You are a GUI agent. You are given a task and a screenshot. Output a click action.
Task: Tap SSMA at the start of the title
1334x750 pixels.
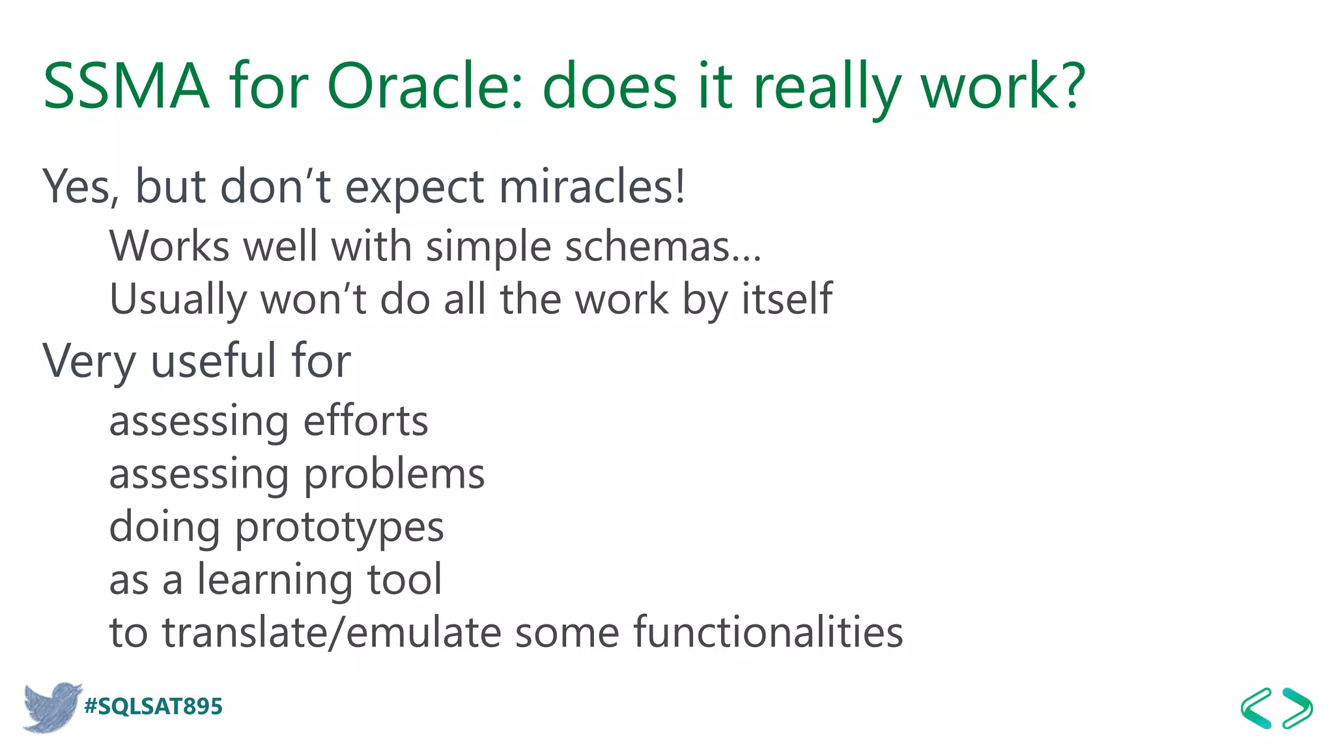click(126, 86)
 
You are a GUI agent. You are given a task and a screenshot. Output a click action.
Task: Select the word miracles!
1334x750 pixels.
click(592, 187)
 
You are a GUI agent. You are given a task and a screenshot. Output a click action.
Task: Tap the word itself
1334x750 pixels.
click(787, 299)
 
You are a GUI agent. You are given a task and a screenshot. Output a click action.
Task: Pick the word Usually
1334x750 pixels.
click(178, 299)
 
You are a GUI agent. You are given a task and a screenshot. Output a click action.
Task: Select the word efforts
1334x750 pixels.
click(365, 421)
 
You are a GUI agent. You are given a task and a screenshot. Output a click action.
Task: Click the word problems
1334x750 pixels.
click(394, 475)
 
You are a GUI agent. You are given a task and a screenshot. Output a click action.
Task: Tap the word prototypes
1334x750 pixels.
click(339, 527)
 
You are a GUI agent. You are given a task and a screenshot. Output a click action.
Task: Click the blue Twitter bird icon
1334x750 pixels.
click(51, 706)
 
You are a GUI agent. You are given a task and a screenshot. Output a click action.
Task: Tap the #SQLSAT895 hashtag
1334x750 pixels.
click(154, 706)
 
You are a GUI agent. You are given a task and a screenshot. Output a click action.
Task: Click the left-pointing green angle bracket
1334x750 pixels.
click(1256, 708)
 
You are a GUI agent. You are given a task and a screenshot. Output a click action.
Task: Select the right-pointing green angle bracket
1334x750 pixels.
click(1298, 708)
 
